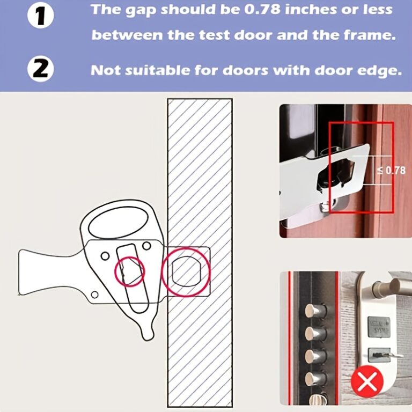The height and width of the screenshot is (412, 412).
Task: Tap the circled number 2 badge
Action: click(41, 69)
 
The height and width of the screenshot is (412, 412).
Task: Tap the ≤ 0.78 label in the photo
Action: click(391, 170)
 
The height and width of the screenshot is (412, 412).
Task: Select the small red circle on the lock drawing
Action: click(129, 271)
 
